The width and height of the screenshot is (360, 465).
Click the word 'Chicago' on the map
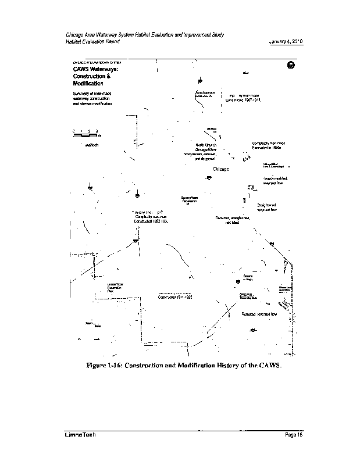coord(221,169)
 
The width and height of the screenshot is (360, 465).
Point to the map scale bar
coord(85,133)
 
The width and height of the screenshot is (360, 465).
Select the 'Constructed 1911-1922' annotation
coord(175,296)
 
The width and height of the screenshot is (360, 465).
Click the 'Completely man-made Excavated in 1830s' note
coord(268,145)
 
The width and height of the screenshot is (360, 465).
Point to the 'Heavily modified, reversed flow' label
coord(275,180)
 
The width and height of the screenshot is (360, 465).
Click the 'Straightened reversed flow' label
coord(267,208)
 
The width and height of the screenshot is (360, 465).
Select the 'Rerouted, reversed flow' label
coord(259,314)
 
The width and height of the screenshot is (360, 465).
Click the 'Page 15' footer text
coord(295,435)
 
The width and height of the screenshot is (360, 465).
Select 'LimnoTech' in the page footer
coord(80,435)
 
